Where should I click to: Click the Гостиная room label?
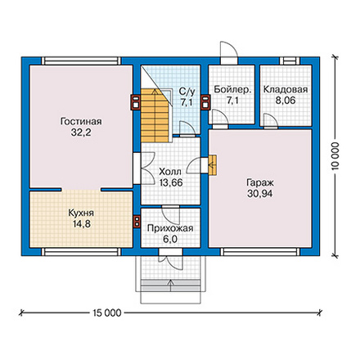[x=81, y=121]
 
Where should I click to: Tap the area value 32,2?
[x=81, y=133]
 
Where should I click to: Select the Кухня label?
[x=81, y=213]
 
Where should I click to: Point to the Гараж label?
[x=260, y=182]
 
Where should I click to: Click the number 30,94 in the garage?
[x=260, y=194]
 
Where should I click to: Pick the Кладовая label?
[x=286, y=89]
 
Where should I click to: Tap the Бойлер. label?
[x=232, y=89]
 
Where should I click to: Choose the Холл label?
[x=170, y=172]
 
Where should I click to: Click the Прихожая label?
[x=170, y=228]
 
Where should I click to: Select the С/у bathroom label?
[x=187, y=92]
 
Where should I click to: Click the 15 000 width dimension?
[x=106, y=313]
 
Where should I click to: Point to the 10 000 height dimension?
[x=335, y=155]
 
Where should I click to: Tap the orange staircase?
[x=155, y=115]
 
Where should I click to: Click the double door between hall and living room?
[x=144, y=169]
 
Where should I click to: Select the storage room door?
[x=271, y=121]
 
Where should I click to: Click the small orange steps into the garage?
[x=212, y=164]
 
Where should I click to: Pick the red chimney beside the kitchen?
[x=137, y=221]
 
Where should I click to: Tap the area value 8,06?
[x=286, y=101]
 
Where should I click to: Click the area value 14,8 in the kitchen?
[x=82, y=224]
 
